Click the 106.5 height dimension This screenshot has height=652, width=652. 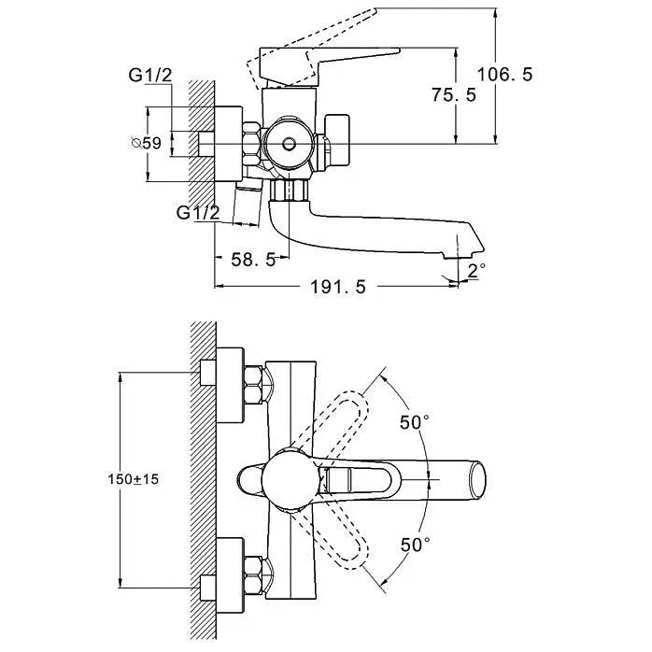point(504,75)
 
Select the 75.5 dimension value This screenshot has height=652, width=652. point(454,94)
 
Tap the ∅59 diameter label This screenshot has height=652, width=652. point(146,143)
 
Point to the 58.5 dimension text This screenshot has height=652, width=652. point(253,260)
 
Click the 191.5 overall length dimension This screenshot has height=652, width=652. point(338,287)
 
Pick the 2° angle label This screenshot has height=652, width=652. point(476,270)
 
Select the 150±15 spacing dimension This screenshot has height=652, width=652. point(133,479)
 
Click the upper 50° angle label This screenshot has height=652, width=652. point(415,422)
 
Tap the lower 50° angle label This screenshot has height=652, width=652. point(415,545)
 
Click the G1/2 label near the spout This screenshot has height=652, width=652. point(198,212)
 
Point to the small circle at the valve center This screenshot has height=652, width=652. point(288,144)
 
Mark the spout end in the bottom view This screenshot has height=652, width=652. point(477,479)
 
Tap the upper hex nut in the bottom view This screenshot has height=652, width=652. point(252,385)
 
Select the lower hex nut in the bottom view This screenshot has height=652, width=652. point(252,575)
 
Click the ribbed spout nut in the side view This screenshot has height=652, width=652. point(289,190)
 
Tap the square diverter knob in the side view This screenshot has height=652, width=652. point(337,140)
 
